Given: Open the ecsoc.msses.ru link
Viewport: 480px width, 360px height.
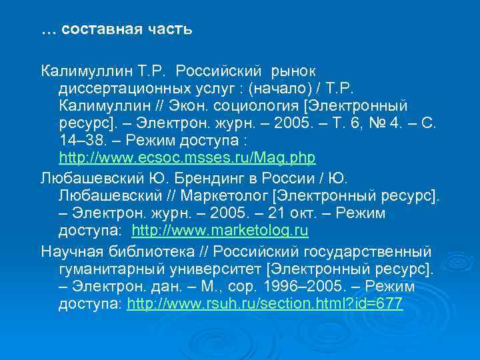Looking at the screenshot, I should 187,158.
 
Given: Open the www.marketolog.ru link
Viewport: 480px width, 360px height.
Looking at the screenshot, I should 220,231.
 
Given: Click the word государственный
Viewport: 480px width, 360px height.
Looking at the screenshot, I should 367,251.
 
